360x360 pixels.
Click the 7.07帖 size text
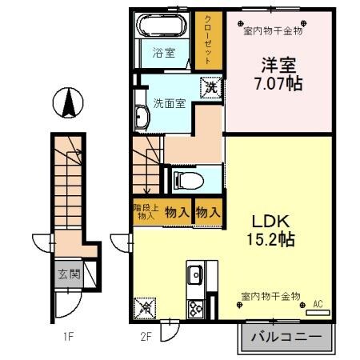tap(278, 82)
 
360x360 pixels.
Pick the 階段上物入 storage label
tap(144, 212)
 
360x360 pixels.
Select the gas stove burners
tap(195, 307)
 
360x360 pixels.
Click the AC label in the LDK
tap(317, 303)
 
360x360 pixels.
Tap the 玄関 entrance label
tap(67, 274)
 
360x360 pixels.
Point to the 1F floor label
tap(70, 334)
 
